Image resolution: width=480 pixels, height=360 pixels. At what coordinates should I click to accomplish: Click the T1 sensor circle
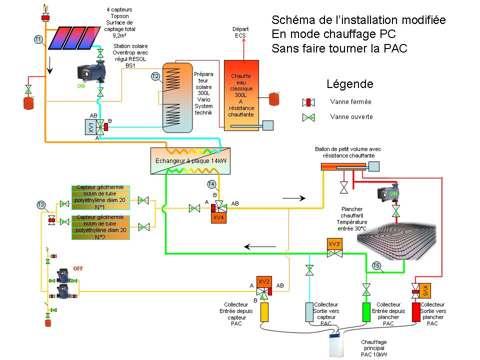tap(38, 39)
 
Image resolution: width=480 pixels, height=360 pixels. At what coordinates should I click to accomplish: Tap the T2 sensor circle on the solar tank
tap(155, 76)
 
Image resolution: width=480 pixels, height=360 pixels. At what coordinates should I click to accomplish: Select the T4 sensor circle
tap(211, 184)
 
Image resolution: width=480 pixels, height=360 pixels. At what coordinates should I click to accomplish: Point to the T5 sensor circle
tap(377, 265)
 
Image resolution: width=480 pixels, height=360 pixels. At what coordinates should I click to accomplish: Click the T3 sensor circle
tap(41, 204)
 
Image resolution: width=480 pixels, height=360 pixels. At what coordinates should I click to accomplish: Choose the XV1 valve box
tap(90, 126)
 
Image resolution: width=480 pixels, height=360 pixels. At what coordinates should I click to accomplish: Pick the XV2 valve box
tap(263, 281)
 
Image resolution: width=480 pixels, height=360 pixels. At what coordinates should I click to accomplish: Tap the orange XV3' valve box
tap(335, 243)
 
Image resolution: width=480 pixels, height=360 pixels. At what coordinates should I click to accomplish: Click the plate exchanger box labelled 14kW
tap(190, 161)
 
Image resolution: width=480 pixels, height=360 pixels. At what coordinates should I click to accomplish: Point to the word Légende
tap(349, 83)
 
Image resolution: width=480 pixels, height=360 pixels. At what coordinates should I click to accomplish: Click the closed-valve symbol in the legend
tap(309, 102)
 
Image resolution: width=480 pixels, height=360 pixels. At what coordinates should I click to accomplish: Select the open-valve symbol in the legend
tap(309, 117)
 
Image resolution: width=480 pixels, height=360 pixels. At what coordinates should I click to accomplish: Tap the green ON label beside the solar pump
tap(81, 86)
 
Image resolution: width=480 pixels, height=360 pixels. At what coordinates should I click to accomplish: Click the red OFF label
tap(78, 268)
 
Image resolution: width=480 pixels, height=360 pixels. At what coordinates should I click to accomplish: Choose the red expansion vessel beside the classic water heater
tap(275, 98)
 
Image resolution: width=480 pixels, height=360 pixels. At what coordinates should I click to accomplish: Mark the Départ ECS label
tap(241, 32)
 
